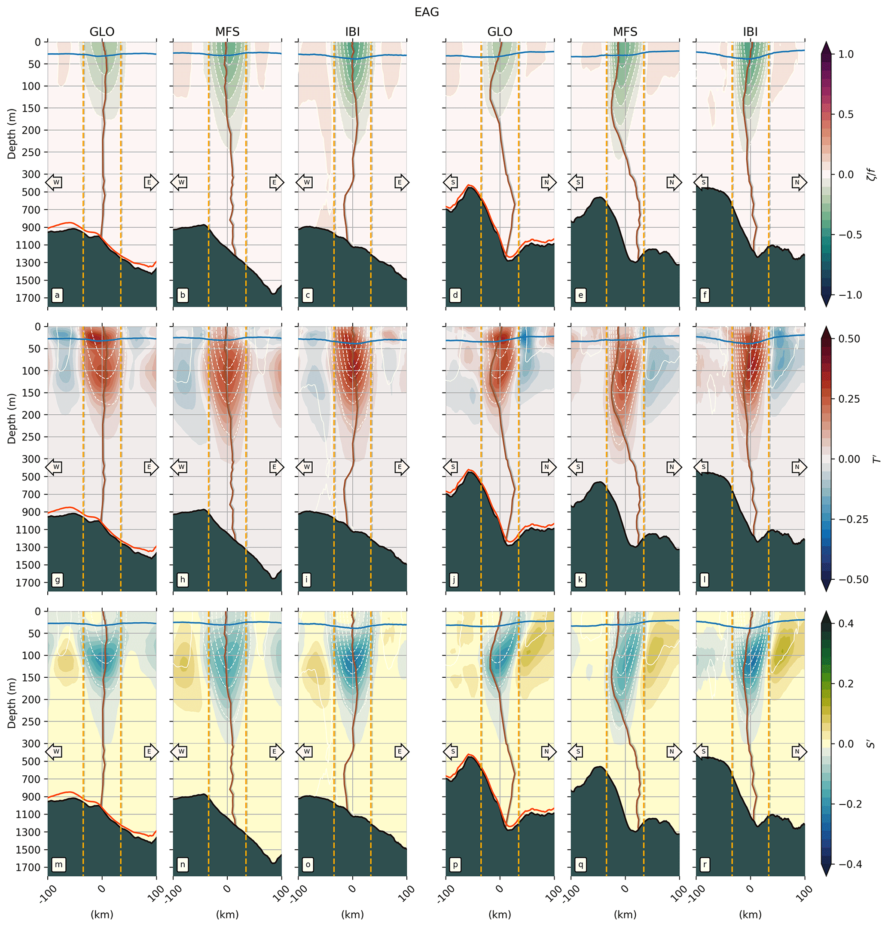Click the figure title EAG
pyautogui.click(x=427, y=12)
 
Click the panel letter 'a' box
pyautogui.click(x=57, y=296)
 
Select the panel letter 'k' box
pyautogui.click(x=580, y=580)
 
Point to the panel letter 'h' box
pyautogui.click(x=183, y=580)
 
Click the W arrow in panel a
pyautogui.click(x=55, y=182)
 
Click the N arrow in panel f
pyautogui.click(x=799, y=182)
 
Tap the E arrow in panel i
pyautogui.click(x=401, y=467)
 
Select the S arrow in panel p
pyautogui.click(x=451, y=752)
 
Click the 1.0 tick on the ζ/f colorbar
pyautogui.click(x=846, y=54)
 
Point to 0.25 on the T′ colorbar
pyautogui.click(x=849, y=399)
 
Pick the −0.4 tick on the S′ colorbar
pyautogui.click(x=849, y=864)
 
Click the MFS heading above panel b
pyautogui.click(x=227, y=32)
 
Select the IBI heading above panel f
pyautogui.click(x=750, y=32)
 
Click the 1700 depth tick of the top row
pyautogui.click(x=32, y=298)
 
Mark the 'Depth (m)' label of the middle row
pyautogui.click(x=12, y=418)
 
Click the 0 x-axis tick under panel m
pyautogui.click(x=102, y=889)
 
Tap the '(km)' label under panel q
pyautogui.click(x=625, y=914)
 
